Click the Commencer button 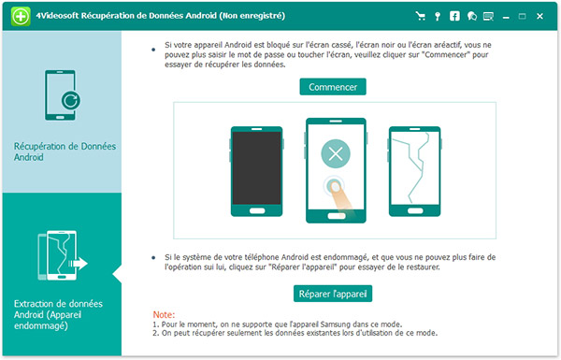click(333, 87)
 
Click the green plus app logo click(21, 16)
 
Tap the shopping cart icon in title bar click(421, 16)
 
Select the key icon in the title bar click(438, 16)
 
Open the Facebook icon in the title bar click(454, 16)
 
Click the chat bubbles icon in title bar click(471, 16)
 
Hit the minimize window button click(506, 17)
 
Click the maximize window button click(523, 16)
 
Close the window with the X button click(539, 16)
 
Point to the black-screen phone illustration click(256, 171)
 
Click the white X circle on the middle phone click(336, 154)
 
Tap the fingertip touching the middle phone click(336, 187)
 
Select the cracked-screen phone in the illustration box click(415, 171)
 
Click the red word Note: click(164, 314)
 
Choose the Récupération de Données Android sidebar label click(65, 151)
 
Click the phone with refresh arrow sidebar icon click(62, 95)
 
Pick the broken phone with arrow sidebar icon click(63, 255)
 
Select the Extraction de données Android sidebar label click(58, 314)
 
